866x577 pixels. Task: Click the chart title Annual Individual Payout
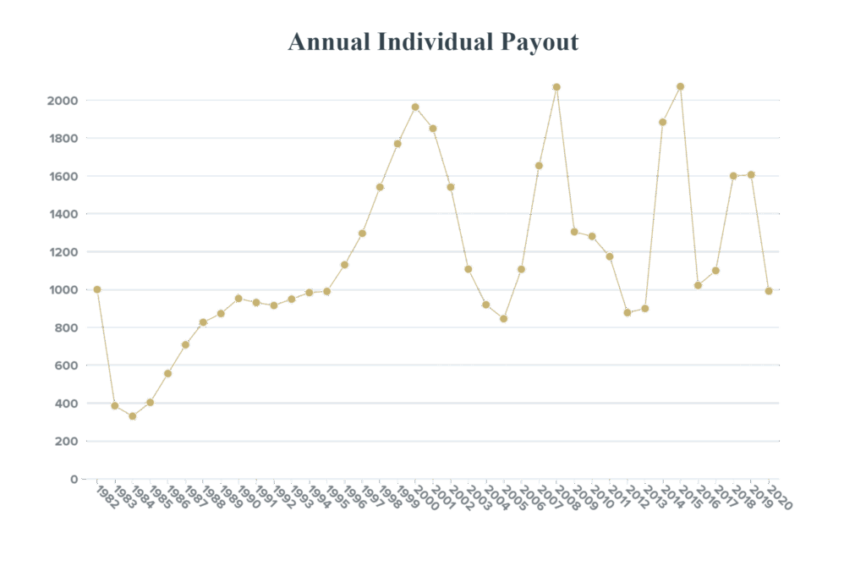(x=433, y=41)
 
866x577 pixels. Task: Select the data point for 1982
(x=97, y=289)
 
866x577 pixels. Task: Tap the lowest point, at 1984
(x=132, y=415)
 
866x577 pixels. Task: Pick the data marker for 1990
(x=238, y=298)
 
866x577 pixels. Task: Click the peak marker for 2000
(x=415, y=107)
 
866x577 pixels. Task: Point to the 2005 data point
(x=503, y=319)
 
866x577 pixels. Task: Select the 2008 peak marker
(x=556, y=87)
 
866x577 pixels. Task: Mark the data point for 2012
(x=627, y=312)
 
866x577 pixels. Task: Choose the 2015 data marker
(x=680, y=86)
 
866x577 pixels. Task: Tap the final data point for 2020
(x=769, y=290)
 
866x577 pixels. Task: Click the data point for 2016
(x=698, y=284)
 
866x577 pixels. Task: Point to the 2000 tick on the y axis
(x=63, y=101)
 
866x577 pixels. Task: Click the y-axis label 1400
(x=63, y=214)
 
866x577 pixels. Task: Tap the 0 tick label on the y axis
(x=74, y=479)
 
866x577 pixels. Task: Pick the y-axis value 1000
(x=63, y=289)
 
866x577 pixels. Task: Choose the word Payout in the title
(x=539, y=41)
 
